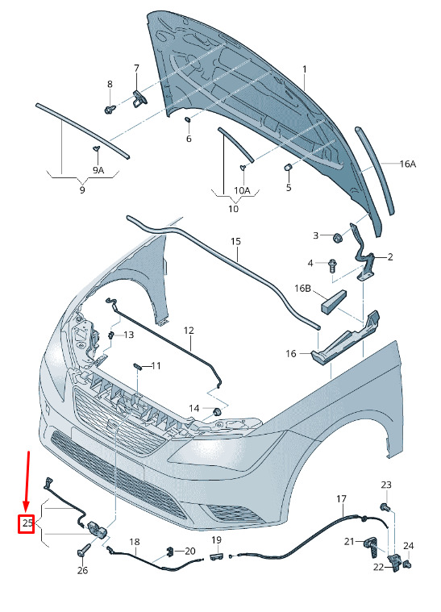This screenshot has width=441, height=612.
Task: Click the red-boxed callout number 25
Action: [27, 523]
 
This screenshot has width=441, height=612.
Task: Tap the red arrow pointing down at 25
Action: [27, 482]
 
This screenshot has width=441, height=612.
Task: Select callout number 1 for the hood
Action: [305, 69]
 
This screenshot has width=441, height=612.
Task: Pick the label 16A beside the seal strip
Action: [407, 164]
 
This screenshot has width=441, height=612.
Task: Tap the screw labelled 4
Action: [333, 267]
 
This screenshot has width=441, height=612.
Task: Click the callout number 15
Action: [235, 242]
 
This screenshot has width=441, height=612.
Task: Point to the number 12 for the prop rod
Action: [189, 331]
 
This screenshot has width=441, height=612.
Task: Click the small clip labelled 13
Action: [111, 335]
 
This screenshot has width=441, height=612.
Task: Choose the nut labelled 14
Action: [216, 411]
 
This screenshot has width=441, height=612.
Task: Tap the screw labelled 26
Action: [84, 552]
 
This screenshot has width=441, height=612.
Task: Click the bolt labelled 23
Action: [384, 507]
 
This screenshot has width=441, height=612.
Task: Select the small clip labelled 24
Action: [408, 564]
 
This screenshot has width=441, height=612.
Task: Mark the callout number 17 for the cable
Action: [342, 499]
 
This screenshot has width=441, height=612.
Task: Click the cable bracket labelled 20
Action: [171, 552]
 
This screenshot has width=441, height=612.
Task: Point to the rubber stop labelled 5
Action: [288, 169]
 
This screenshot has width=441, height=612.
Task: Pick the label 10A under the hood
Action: [242, 190]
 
